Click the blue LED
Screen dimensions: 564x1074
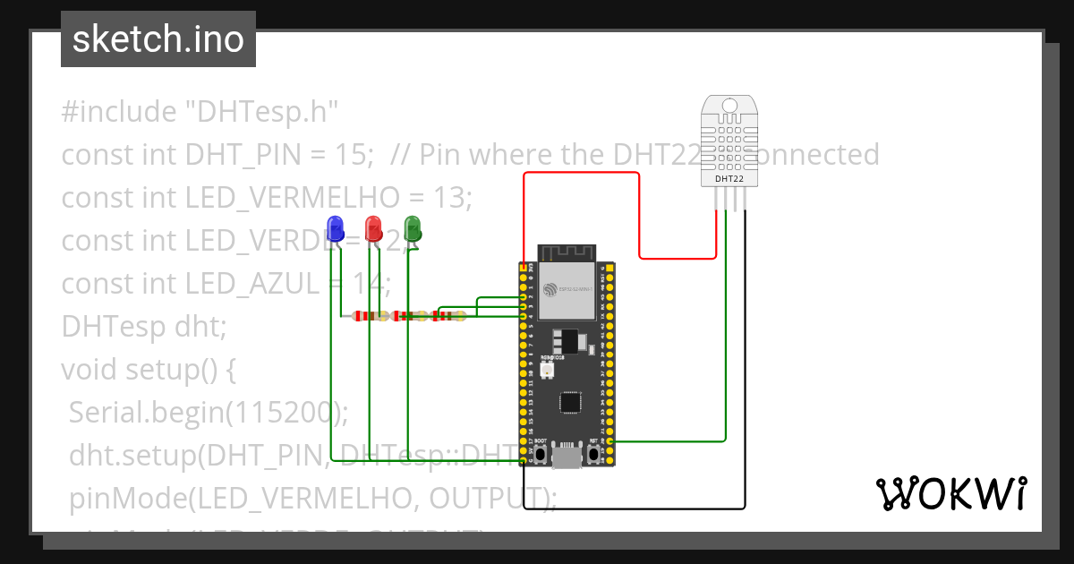336,228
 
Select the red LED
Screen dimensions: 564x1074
373,228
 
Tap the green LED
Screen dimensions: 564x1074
413,228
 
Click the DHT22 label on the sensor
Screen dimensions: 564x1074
729,179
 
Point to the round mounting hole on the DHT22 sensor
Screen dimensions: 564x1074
729,107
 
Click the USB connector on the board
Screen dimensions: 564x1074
567,457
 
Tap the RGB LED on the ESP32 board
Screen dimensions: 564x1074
547,368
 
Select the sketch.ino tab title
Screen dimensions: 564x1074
158,39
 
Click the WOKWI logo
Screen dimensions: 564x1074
950,493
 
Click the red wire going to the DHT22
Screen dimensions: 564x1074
638,215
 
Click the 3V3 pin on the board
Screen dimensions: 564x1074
524,267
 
